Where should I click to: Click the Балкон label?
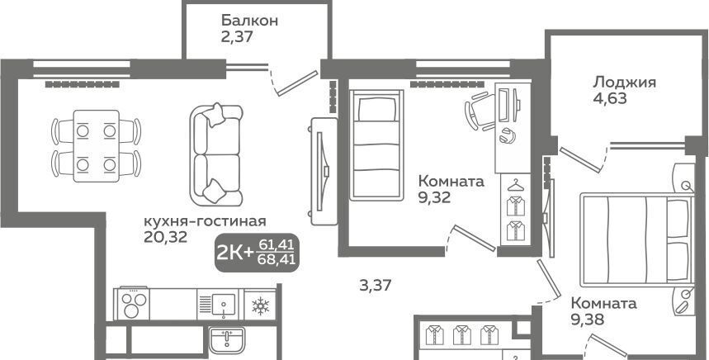[x=249, y=21]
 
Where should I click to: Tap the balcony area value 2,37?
[x=237, y=36]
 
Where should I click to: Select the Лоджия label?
[x=625, y=82]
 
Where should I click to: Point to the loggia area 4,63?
[x=610, y=98]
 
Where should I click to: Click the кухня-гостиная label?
[x=205, y=221]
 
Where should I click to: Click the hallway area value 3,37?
[x=376, y=286]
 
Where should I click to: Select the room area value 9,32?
[x=434, y=197]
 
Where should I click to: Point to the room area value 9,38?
[x=587, y=320]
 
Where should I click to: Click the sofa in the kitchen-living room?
[x=216, y=154]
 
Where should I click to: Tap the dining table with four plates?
[x=96, y=145]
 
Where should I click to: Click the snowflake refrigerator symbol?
[x=260, y=306]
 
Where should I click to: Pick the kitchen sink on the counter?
[x=224, y=305]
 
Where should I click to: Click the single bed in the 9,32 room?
[x=376, y=144]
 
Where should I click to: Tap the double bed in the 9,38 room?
[x=636, y=239]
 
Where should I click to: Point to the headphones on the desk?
[x=508, y=135]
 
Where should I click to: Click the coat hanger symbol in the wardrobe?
[x=514, y=186]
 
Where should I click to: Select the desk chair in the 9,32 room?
[x=480, y=111]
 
